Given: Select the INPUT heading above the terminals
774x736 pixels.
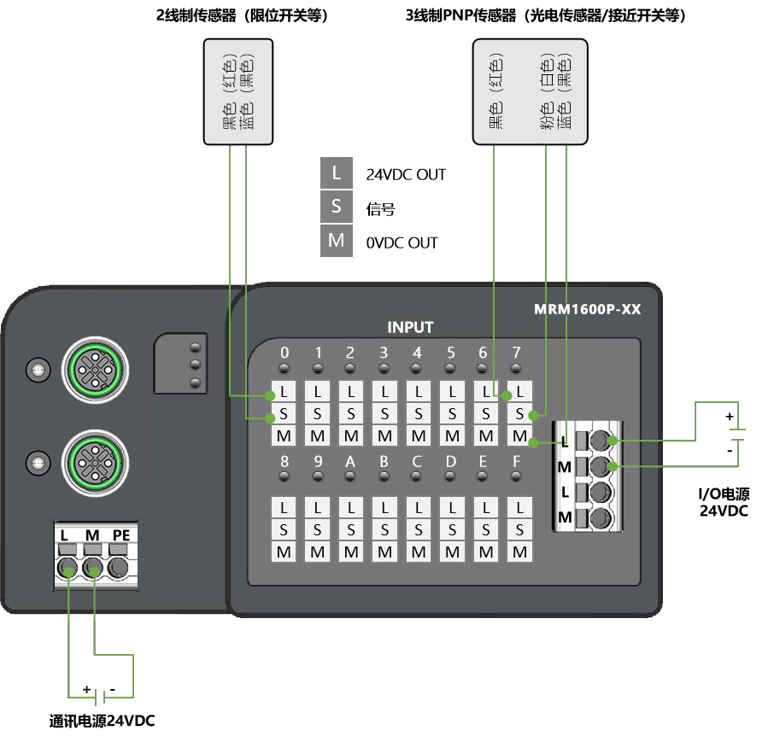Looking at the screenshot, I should click(x=410, y=327).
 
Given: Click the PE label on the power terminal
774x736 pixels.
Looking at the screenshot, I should click(x=121, y=535).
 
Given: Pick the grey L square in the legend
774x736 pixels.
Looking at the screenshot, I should click(x=337, y=173).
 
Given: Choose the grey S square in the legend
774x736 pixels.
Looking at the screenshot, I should click(x=337, y=207).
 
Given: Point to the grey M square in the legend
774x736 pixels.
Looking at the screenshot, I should click(x=337, y=242).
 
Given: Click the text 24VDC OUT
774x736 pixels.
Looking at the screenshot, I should click(x=406, y=175).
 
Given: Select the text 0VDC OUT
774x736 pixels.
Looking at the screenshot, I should click(x=402, y=243).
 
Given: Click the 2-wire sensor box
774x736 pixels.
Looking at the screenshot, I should click(x=237, y=93).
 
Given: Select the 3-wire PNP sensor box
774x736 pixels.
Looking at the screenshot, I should click(x=531, y=93).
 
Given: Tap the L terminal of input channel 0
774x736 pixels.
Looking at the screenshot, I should click(x=284, y=392).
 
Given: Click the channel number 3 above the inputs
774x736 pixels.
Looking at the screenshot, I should click(x=384, y=353).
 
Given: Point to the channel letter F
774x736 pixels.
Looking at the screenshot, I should click(x=516, y=462).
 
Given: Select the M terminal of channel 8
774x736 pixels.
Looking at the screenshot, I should click(x=284, y=552).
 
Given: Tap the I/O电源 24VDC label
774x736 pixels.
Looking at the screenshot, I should click(x=724, y=503).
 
